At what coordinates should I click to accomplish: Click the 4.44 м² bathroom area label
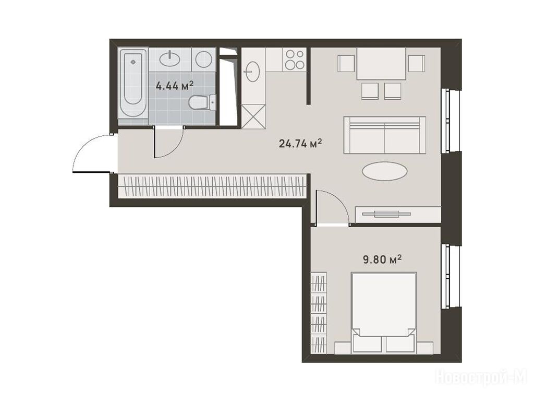[174, 85]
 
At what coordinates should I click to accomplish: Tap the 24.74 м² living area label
[300, 144]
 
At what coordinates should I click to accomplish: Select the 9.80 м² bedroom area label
[382, 260]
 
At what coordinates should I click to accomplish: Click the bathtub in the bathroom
[133, 83]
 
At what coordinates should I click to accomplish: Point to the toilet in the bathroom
[203, 102]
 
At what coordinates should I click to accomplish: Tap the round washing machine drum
[204, 60]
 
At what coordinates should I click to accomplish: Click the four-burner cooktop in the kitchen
[295, 60]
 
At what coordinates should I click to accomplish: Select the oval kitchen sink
[252, 72]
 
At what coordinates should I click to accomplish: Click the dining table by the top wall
[381, 64]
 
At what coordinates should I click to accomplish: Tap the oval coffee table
[384, 171]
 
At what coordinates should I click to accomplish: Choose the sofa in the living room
[384, 135]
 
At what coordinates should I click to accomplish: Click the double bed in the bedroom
[384, 313]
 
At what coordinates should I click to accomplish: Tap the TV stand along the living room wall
[398, 214]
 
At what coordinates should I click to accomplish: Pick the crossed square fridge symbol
[253, 116]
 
